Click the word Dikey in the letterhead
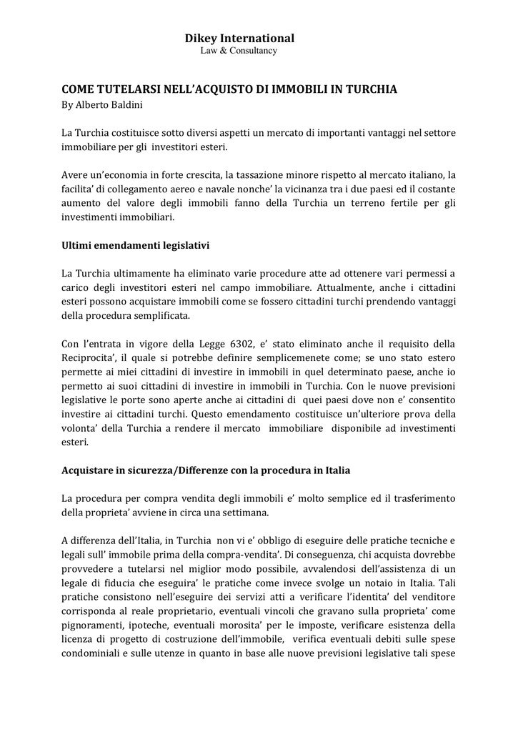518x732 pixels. [x=201, y=38]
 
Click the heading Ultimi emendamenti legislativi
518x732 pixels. [x=135, y=245]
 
